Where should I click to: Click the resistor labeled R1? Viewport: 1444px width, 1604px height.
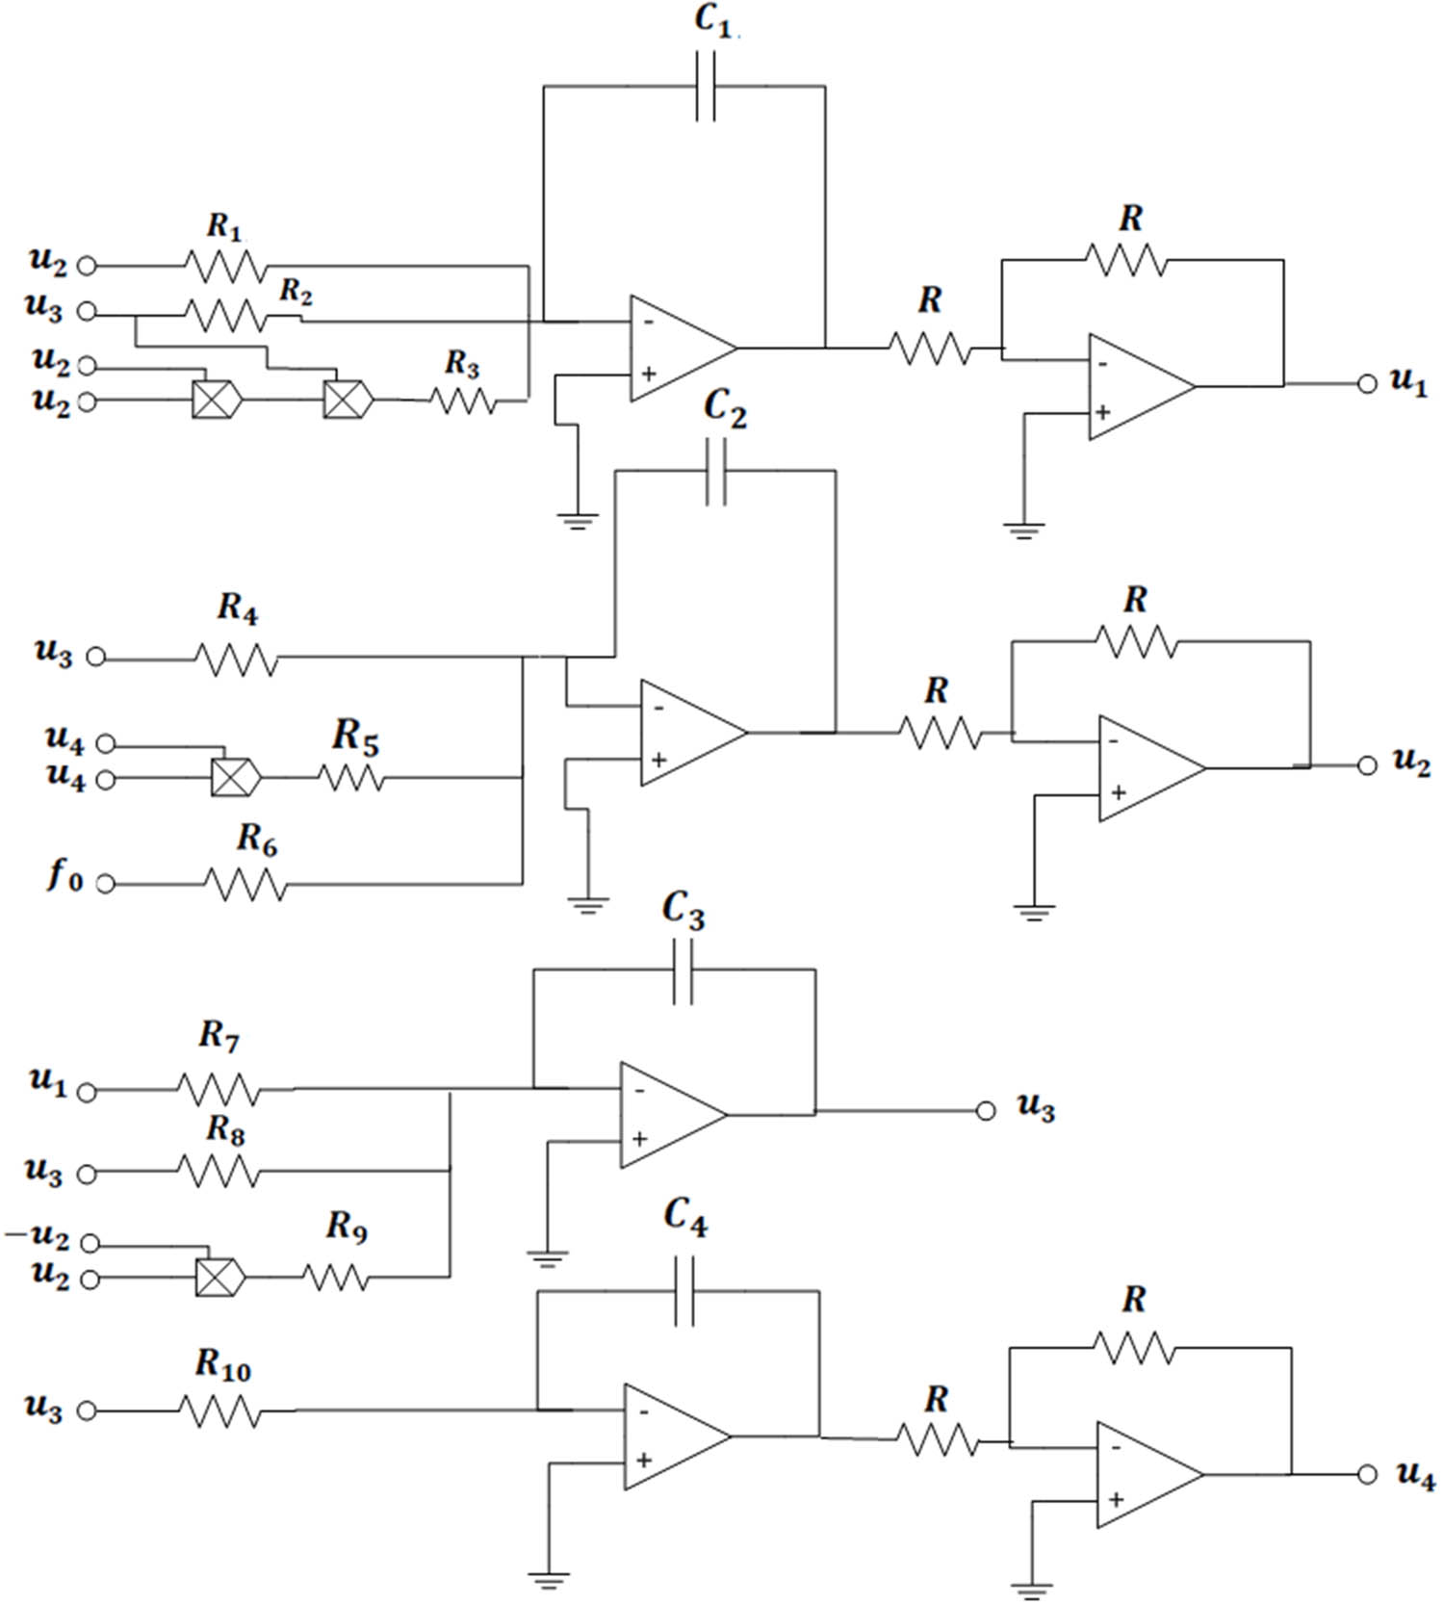pos(224,265)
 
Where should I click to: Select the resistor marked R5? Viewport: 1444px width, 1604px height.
pos(350,777)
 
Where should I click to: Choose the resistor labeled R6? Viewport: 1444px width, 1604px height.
pos(246,884)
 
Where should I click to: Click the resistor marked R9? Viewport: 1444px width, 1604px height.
pos(336,1277)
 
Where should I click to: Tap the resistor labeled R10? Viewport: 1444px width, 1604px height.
pos(219,1411)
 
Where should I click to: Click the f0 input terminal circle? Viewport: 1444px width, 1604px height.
pos(106,884)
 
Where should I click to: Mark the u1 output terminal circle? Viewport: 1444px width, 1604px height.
pos(1367,384)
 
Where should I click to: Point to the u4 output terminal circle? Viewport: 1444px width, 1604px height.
pos(1367,1474)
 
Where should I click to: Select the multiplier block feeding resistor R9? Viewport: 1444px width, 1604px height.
pos(219,1278)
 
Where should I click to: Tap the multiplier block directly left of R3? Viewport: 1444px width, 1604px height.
pos(347,399)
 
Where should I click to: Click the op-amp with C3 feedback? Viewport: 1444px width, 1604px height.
pos(671,1115)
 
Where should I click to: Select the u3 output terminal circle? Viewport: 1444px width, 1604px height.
pos(985,1111)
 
